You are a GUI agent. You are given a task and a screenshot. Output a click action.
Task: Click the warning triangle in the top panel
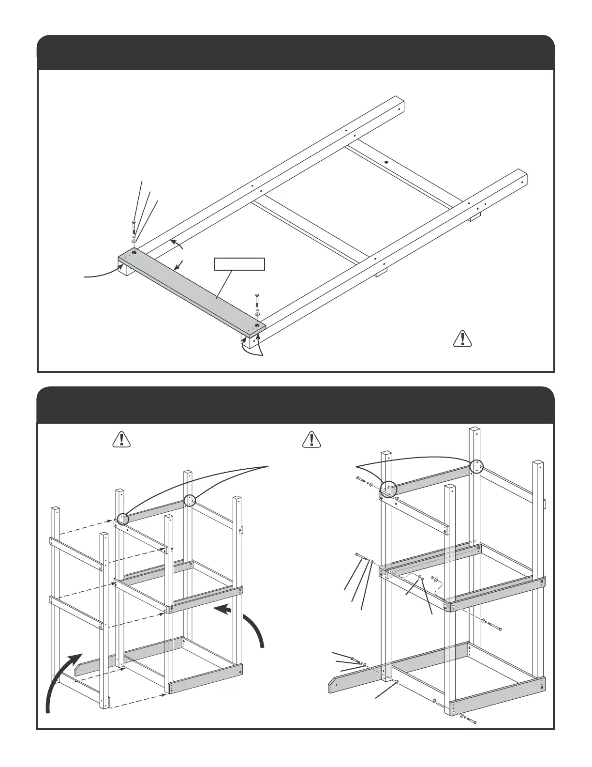pyautogui.click(x=463, y=338)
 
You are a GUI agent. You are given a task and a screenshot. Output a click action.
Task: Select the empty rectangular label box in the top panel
pyautogui.click(x=240, y=264)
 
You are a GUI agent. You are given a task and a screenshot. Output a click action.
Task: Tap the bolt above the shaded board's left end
pyautogui.click(x=133, y=227)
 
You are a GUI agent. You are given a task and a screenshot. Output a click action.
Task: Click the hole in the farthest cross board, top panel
pyautogui.click(x=386, y=163)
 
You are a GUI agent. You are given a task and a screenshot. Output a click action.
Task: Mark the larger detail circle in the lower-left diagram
pyautogui.click(x=122, y=519)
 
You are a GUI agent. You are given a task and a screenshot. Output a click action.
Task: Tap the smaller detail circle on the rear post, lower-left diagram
pyautogui.click(x=191, y=500)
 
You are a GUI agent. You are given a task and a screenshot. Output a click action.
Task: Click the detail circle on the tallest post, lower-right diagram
pyautogui.click(x=476, y=466)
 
